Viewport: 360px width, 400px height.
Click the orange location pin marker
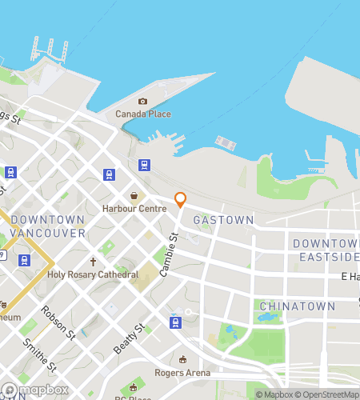pyautogui.click(x=181, y=200)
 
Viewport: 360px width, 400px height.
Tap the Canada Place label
pyautogui.click(x=143, y=114)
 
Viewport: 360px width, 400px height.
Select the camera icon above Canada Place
pyautogui.click(x=143, y=101)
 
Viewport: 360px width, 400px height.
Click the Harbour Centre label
pyautogui.click(x=134, y=209)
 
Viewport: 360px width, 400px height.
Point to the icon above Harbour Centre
pyautogui.click(x=134, y=196)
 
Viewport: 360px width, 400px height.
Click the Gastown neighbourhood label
pyautogui.click(x=224, y=219)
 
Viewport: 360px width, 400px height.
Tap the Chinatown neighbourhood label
pyautogui.click(x=286, y=306)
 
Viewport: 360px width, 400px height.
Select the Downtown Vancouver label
pyautogui.click(x=48, y=226)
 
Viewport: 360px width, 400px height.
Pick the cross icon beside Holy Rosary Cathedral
pyautogui.click(x=93, y=262)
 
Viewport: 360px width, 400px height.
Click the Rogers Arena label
pyautogui.click(x=183, y=372)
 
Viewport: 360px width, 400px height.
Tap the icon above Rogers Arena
pyautogui.click(x=183, y=359)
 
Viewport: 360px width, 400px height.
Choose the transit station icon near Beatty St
pyautogui.click(x=174, y=322)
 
